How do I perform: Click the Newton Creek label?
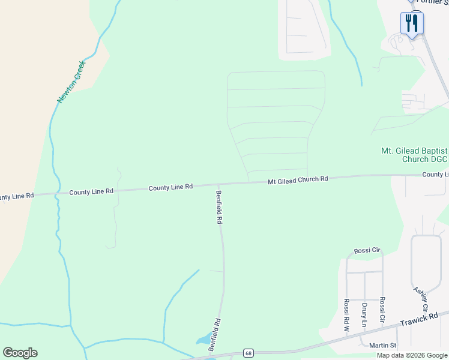tap(70, 82)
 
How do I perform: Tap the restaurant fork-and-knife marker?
tap(412, 23)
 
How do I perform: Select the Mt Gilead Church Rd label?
tap(298, 179)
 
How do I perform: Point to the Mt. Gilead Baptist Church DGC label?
tap(415, 155)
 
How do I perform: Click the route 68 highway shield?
tap(248, 353)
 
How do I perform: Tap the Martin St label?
tap(382, 345)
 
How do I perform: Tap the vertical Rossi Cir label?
tap(382, 312)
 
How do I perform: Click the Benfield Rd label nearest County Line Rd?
tap(219, 207)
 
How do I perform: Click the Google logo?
tap(20, 352)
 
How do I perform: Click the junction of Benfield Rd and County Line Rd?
tap(218, 185)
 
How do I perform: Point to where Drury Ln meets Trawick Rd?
tap(364, 331)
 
